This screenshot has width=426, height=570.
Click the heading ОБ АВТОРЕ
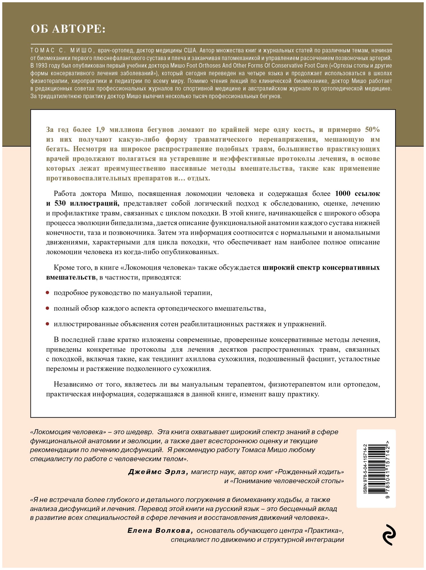68,29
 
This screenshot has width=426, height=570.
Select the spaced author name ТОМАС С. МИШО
62,51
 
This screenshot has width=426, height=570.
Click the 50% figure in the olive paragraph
372,130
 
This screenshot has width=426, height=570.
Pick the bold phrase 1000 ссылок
357,194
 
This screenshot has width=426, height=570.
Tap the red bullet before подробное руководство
48,293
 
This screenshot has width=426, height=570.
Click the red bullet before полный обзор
48,308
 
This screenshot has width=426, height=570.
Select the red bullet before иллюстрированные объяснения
48,324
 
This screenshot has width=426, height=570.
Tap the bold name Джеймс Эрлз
158,472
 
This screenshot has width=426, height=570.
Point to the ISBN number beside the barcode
365,469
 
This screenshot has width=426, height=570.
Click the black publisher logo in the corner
389,535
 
